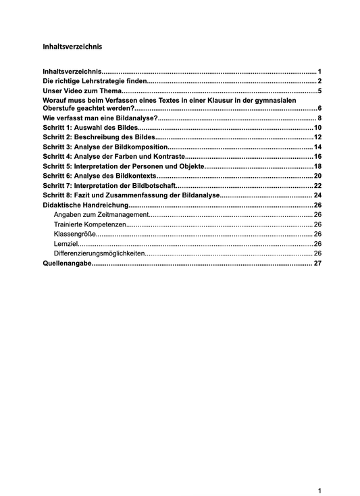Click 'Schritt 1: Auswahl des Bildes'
click(90, 128)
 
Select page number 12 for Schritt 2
click(317, 137)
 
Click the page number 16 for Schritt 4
click(317, 156)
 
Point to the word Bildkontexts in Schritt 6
click(136, 176)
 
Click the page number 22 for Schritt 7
click(317, 185)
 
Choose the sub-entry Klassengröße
click(72, 234)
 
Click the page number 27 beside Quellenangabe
click(317, 264)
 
